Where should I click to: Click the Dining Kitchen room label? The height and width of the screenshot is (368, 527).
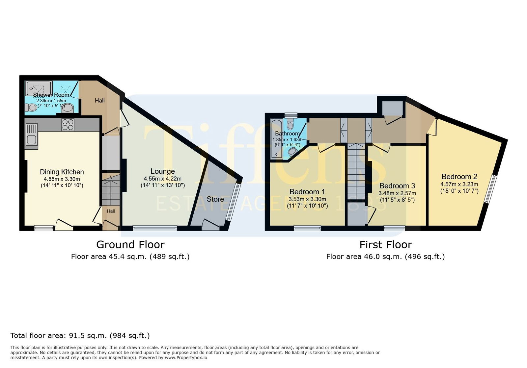point(62,172)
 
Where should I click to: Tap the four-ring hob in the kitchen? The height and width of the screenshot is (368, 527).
point(68,124)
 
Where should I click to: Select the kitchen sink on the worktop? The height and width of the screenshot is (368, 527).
point(31,134)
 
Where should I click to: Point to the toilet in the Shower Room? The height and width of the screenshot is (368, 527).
point(31,108)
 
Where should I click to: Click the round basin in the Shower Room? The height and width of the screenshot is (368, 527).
point(68,108)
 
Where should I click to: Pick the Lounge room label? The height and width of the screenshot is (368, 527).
point(163,171)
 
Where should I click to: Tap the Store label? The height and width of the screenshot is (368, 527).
point(215,199)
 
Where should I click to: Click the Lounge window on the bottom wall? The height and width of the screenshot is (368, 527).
point(155,228)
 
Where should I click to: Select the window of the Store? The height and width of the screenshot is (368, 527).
point(233,202)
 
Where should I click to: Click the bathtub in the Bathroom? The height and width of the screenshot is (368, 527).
point(276,138)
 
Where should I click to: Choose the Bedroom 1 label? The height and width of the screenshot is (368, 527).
point(307,192)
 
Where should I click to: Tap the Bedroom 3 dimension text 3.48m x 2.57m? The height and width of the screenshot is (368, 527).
point(397,193)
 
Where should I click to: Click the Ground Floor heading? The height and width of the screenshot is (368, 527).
point(130,245)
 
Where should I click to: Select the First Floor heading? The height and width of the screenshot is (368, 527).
point(386,245)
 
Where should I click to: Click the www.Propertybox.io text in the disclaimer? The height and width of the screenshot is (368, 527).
point(186,358)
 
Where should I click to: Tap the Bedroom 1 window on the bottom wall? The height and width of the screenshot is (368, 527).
point(307,228)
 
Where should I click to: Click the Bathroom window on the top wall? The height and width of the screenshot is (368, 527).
point(291,115)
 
